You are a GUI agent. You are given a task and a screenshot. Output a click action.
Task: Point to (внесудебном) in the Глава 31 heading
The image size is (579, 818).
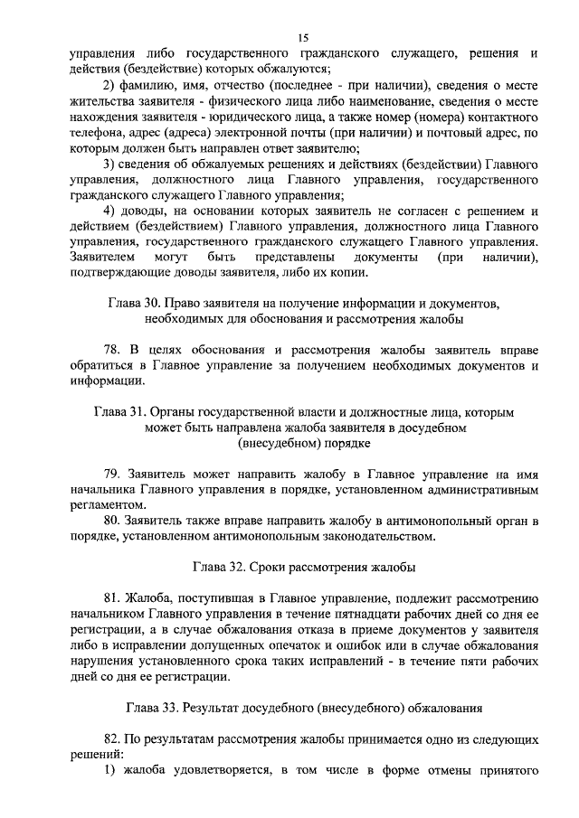click(304, 443)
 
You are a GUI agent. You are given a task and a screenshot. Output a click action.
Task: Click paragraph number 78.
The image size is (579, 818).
click(111, 349)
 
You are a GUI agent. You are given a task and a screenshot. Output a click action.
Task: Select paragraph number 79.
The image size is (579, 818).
click(111, 473)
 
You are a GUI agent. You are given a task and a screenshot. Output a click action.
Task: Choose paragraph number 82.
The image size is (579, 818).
click(111, 739)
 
